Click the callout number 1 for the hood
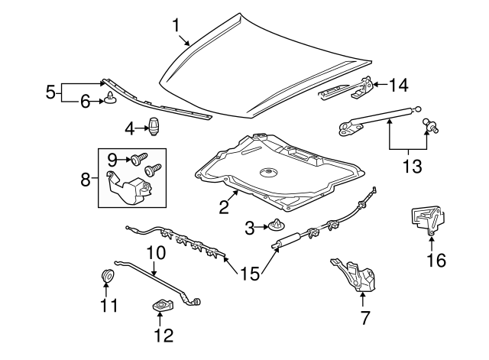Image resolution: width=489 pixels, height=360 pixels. coord(176,25)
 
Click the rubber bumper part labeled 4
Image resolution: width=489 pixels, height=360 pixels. coord(157,126)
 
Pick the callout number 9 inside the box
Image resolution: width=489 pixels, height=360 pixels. coord(111,159)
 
